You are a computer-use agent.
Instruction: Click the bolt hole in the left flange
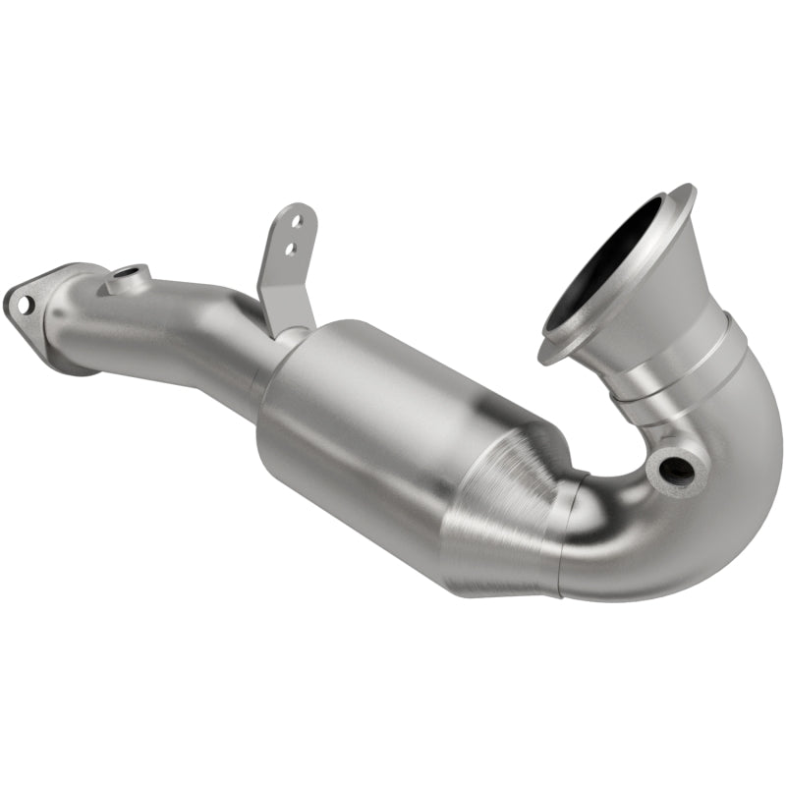(x=23, y=305)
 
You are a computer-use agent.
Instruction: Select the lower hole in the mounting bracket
(x=288, y=250)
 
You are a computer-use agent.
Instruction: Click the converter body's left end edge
(x=267, y=413)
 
